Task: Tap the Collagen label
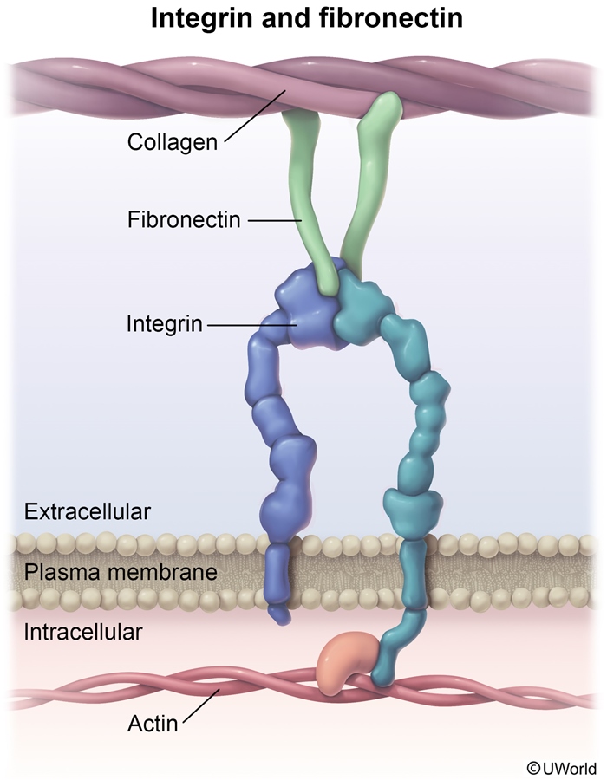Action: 172,142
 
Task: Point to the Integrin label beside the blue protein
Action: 164,325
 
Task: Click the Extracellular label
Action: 88,511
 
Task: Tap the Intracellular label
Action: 83,631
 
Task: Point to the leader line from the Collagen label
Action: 256,113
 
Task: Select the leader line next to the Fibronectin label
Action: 274,222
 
